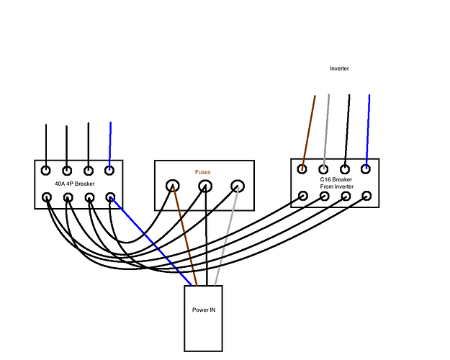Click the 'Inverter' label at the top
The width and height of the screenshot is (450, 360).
(339, 68)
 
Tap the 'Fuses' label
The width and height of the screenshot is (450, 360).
(202, 172)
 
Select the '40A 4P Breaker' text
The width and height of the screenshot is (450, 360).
(75, 184)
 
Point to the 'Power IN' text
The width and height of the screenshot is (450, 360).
(204, 310)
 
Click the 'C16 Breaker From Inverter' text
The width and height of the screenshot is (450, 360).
(336, 183)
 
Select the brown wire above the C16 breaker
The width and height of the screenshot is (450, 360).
(308, 132)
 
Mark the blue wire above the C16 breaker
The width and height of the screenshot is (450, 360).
(368, 131)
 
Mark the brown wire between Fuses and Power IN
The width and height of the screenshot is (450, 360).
(185, 235)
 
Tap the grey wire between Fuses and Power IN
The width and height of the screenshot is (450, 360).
(226, 236)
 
